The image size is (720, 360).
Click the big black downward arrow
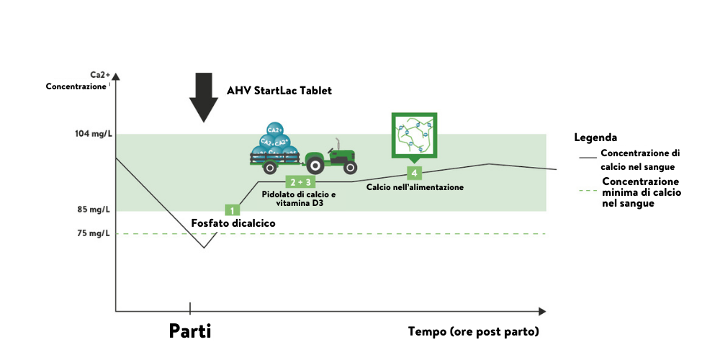click(x=204, y=96)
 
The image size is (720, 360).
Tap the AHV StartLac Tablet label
click(x=279, y=91)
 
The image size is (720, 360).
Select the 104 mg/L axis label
click(x=93, y=135)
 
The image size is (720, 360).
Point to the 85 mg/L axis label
click(x=94, y=210)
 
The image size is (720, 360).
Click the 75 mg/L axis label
click(x=94, y=233)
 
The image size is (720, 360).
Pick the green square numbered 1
click(x=232, y=210)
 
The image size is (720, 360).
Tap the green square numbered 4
click(x=413, y=173)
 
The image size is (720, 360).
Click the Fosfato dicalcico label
click(x=233, y=223)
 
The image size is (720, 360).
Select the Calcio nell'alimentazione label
click(x=420, y=187)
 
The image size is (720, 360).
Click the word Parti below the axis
click(x=190, y=331)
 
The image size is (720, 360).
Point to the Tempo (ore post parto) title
click(x=473, y=332)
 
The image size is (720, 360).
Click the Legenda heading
click(x=596, y=138)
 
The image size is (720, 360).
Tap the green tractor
click(x=330, y=157)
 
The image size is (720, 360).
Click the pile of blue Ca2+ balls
click(x=273, y=147)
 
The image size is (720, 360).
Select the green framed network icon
click(x=413, y=135)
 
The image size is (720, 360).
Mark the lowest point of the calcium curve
click(x=204, y=248)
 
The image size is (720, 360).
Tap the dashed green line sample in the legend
click(x=588, y=192)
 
